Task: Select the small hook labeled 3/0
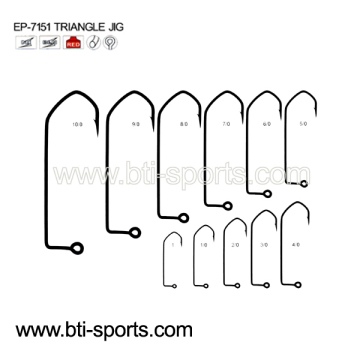[x=264, y=245]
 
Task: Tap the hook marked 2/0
[x=235, y=246]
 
